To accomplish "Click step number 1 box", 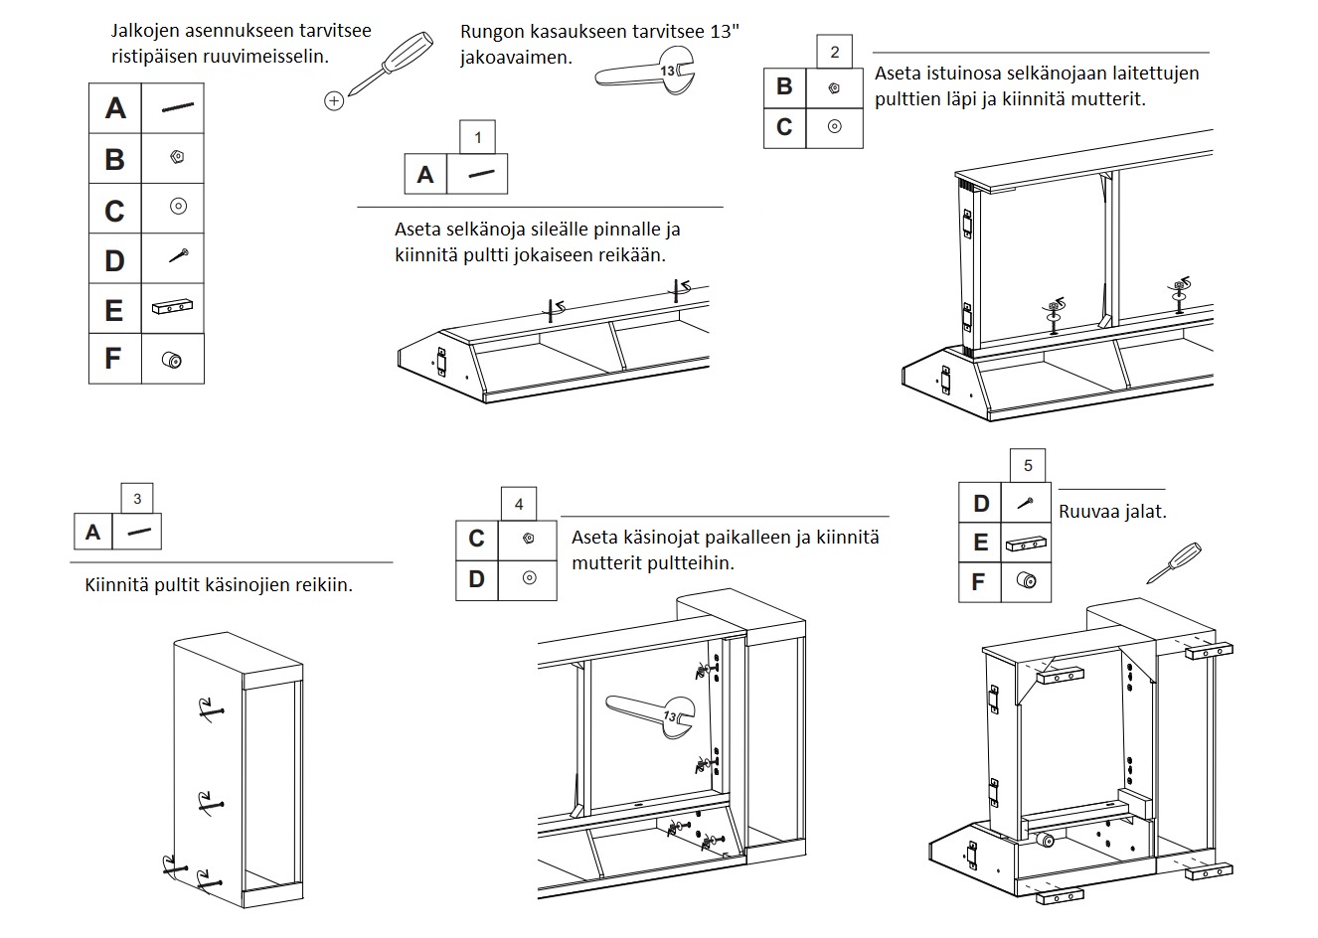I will [x=478, y=137].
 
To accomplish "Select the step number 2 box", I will [x=834, y=52].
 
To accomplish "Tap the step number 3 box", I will [x=137, y=499].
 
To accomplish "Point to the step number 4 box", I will [x=518, y=505].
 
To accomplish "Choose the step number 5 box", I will [x=1028, y=465].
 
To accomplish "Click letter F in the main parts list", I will [x=114, y=358].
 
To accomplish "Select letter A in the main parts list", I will [x=115, y=107].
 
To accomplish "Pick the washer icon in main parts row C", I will [x=178, y=207].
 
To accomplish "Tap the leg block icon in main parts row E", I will [x=172, y=307].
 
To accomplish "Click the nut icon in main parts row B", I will [x=177, y=157].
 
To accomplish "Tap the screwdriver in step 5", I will [x=1174, y=562].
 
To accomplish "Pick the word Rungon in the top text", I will [x=490, y=31].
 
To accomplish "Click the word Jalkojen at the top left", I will [x=146, y=30].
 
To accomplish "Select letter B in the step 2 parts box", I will [x=785, y=86].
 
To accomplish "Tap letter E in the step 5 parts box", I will [x=980, y=543].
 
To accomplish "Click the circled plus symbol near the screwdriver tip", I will [x=334, y=100].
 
